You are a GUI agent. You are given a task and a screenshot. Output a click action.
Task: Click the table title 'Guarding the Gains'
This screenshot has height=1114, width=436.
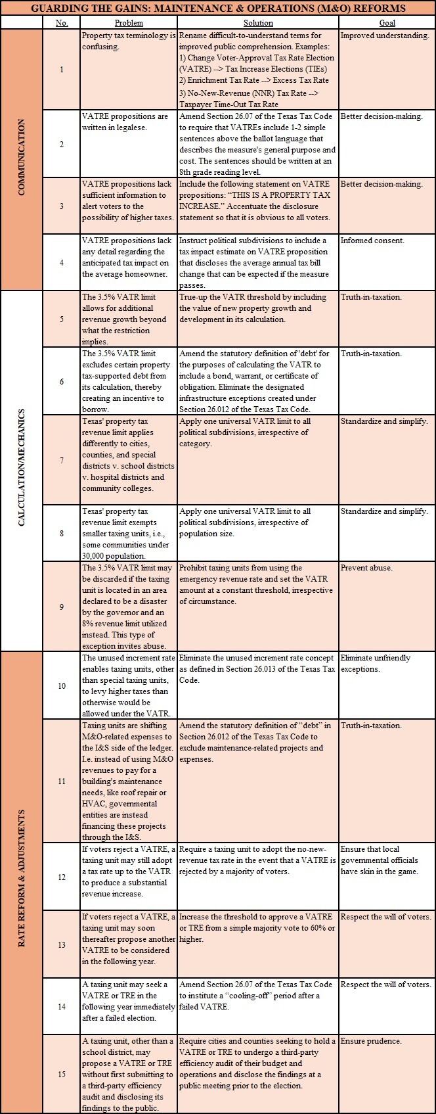(218, 9)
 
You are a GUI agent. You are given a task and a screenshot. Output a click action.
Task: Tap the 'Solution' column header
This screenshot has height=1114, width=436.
(258, 23)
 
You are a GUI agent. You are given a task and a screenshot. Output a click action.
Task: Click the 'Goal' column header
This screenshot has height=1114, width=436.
(387, 23)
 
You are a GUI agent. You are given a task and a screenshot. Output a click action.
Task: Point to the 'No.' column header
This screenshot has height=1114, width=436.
(62, 23)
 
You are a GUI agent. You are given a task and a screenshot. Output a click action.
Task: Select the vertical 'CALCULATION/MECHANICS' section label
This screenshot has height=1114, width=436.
(22, 470)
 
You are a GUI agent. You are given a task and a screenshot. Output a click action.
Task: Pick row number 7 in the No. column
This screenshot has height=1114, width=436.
(62, 460)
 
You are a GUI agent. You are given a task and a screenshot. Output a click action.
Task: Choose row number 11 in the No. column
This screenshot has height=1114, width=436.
(62, 781)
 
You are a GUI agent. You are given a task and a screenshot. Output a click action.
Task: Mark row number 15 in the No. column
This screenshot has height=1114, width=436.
(62, 1074)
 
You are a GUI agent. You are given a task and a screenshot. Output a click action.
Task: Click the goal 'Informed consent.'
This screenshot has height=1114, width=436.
(372, 241)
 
